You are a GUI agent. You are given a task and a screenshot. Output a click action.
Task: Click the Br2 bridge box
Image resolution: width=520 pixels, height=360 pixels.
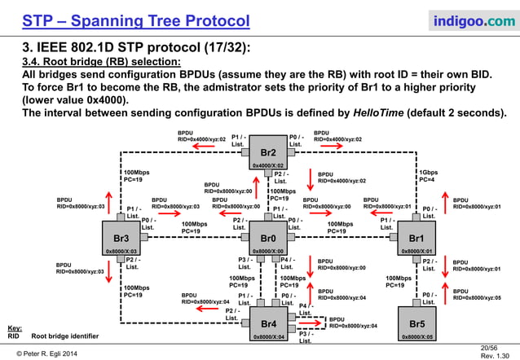tap(268, 152)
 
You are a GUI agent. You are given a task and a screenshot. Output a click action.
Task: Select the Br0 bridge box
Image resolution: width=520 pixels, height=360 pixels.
tap(268, 238)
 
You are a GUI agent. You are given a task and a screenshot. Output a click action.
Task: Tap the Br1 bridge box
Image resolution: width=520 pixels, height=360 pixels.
tap(416, 238)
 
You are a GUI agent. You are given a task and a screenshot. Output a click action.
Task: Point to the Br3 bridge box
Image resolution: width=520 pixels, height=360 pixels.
tap(121, 238)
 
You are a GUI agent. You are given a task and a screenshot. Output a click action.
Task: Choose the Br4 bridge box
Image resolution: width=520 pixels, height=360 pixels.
tap(268, 323)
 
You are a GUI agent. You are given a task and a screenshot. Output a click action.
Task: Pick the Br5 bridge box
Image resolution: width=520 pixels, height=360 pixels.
tap(416, 323)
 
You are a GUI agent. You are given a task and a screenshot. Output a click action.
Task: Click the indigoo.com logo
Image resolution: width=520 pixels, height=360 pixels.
tap(468, 19)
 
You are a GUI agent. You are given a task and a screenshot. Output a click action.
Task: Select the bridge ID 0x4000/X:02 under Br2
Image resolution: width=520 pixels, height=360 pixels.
tap(268, 166)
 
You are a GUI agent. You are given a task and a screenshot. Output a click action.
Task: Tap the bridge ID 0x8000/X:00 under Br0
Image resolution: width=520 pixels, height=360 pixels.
tap(268, 252)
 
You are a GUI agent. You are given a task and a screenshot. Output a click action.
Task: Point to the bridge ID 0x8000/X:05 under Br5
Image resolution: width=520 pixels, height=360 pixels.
tap(416, 336)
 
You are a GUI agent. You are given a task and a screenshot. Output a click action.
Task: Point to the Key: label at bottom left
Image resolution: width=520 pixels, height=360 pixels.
tap(14, 327)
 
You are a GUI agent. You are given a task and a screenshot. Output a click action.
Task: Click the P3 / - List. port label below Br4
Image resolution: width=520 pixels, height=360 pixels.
tap(306, 337)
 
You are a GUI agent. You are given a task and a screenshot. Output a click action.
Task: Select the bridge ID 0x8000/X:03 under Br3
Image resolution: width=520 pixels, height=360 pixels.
tap(121, 252)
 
